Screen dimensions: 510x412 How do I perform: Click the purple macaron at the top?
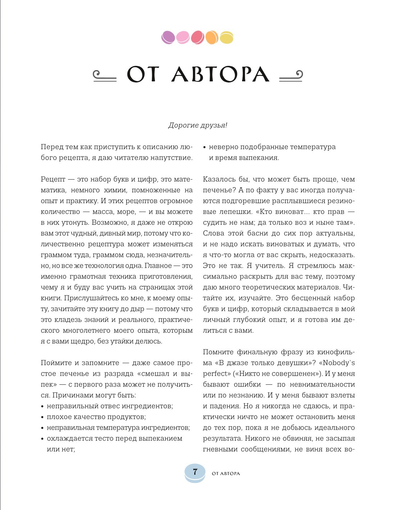168,37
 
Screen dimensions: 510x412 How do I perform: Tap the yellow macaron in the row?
226,37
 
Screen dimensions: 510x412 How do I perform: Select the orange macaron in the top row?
212,37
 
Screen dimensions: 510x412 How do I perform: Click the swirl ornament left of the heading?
105,76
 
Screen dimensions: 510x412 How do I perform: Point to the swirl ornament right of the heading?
291,76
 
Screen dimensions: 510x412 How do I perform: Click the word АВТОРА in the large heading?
220,75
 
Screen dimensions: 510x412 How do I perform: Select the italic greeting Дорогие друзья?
198,125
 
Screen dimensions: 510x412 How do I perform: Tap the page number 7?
195,471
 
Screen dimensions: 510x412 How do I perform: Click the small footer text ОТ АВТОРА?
226,473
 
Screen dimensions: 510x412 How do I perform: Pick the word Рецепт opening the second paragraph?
53,179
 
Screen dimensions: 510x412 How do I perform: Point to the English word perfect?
216,374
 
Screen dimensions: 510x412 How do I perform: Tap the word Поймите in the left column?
56,363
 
